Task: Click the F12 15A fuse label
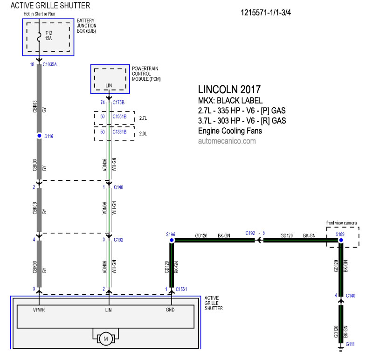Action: (49, 36)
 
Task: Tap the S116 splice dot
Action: (39, 136)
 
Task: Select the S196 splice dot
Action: (172, 240)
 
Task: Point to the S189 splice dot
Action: (341, 240)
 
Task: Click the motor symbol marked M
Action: (106, 339)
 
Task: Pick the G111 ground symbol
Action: (341, 349)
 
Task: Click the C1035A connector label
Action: (50, 64)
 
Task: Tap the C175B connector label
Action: (118, 102)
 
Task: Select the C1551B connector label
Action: (119, 117)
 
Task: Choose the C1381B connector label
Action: (119, 132)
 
